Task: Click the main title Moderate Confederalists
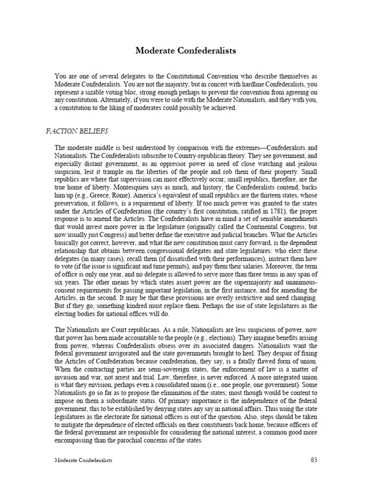(186, 51)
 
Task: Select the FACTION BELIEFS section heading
(77, 131)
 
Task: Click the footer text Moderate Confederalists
(83, 460)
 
